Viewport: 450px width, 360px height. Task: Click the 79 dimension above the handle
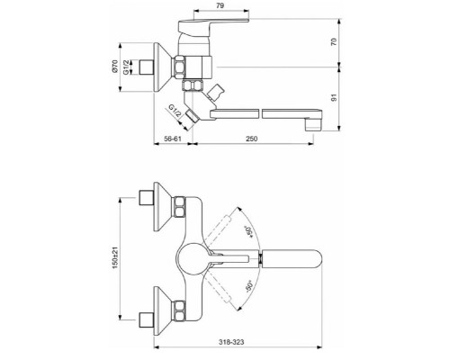(220, 5)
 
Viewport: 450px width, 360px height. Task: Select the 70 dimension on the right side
(334, 41)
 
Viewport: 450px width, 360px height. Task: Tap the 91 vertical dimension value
(334, 97)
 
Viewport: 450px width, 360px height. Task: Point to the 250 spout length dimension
(252, 139)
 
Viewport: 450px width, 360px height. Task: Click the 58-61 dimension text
(173, 139)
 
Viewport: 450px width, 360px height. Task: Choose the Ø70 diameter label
(115, 67)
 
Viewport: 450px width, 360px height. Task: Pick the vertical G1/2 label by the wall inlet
(126, 67)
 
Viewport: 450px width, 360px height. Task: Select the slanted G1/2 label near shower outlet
(175, 111)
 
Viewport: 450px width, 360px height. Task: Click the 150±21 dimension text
(115, 257)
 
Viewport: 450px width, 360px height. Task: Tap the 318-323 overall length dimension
(231, 342)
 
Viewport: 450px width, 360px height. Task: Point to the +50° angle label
(248, 232)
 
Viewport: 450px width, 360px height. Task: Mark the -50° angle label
(249, 286)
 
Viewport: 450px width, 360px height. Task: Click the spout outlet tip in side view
(313, 125)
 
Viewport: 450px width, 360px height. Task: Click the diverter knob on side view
(216, 92)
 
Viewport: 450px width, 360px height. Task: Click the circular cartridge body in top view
(192, 258)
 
